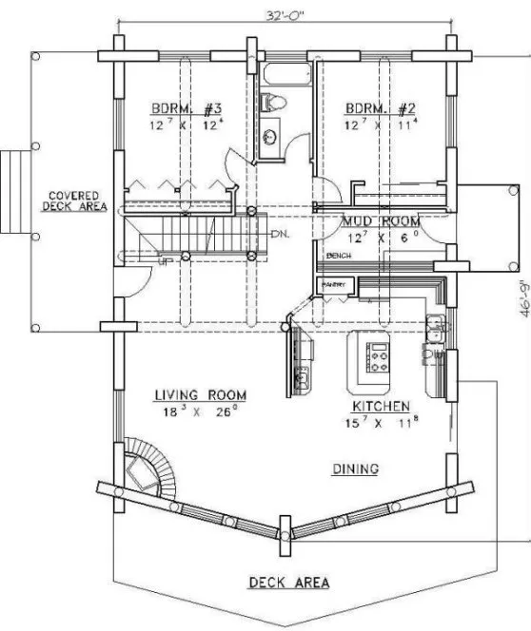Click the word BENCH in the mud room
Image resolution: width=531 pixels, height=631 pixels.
336,257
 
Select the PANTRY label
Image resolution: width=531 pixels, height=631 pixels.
336,284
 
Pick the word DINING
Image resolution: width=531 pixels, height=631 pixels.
356,468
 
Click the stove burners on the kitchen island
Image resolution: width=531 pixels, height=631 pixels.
378,353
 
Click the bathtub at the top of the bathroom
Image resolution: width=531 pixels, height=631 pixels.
285,74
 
